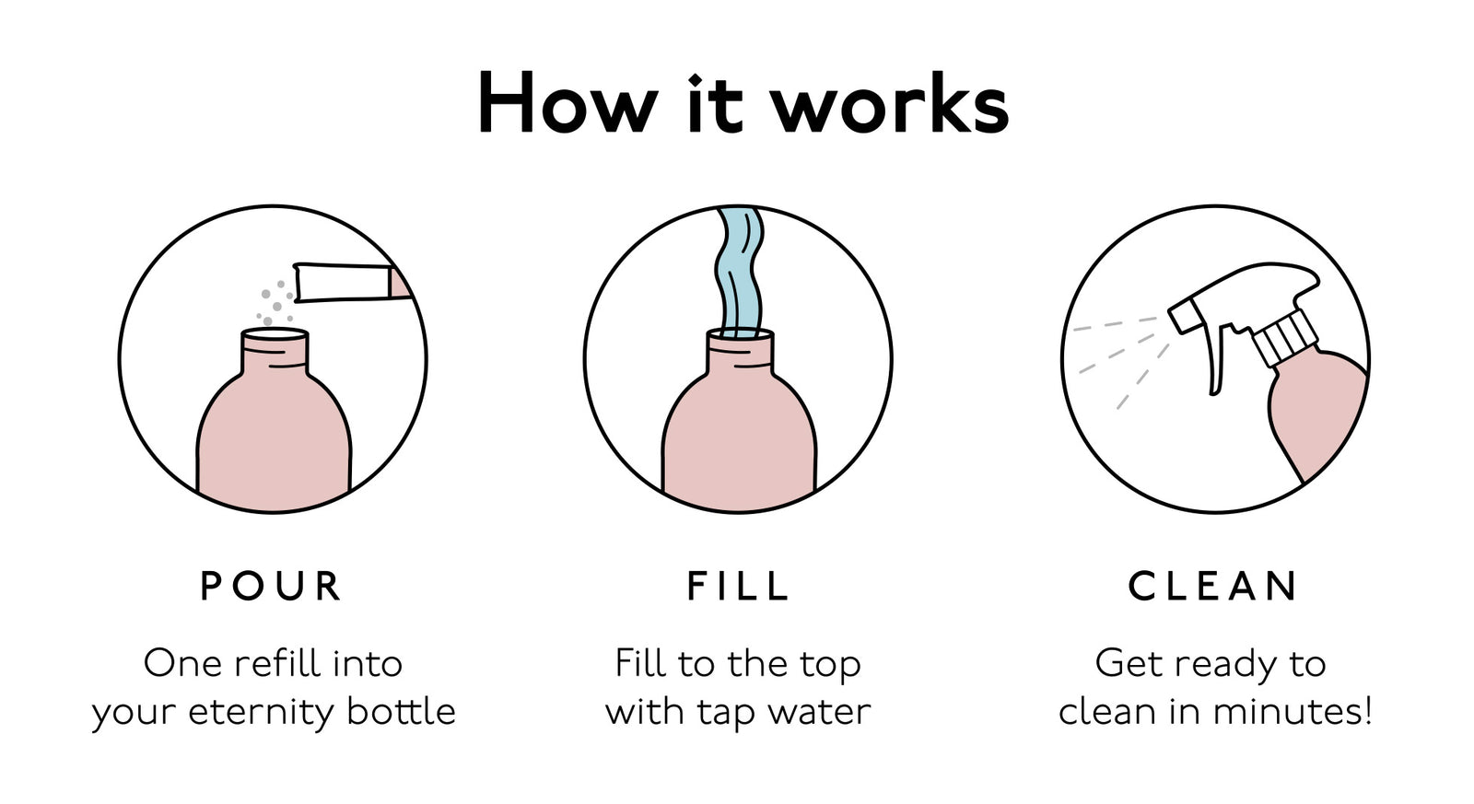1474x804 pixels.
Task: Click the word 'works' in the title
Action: [x=889, y=104]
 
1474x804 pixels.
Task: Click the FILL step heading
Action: [x=738, y=587]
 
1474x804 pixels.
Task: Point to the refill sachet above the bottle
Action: [x=345, y=282]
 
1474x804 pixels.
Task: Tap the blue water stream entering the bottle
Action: [x=739, y=272]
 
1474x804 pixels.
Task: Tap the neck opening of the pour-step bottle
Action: [x=275, y=336]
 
